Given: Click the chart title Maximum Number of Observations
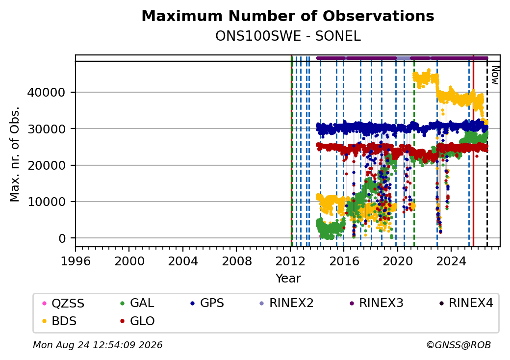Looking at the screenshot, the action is coord(288,16).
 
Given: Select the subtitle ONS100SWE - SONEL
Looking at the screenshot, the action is coord(288,36).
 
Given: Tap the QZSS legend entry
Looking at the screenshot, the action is coord(63,304).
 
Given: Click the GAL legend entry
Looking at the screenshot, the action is coord(137,303).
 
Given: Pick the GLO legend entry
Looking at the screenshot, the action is coord(137,321).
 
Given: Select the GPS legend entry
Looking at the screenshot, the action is coord(207,303).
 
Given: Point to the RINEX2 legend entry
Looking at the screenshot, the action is coord(286,303).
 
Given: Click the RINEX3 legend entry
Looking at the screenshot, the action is coord(376,303).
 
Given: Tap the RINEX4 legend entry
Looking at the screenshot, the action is coord(466,303).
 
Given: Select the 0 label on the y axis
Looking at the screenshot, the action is coord(62,239).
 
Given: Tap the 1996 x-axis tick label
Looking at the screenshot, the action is coord(76,261).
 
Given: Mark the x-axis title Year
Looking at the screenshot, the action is coord(288,279).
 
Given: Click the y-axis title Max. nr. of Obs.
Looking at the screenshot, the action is coord(15,154).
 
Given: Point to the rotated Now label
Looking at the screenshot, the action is coord(495,75).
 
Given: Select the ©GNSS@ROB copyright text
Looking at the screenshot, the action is coord(459,345).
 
